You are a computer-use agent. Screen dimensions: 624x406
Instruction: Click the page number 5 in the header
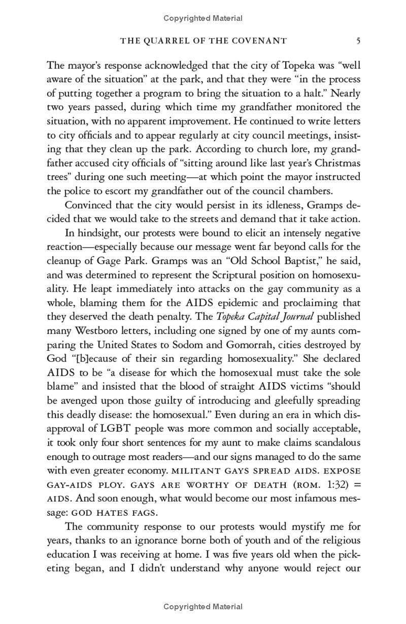point(358,41)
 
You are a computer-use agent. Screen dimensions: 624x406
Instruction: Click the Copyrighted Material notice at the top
point(203,18)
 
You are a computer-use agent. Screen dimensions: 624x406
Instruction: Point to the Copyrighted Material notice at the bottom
point(203,606)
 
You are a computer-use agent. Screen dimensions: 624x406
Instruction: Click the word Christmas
point(334,163)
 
